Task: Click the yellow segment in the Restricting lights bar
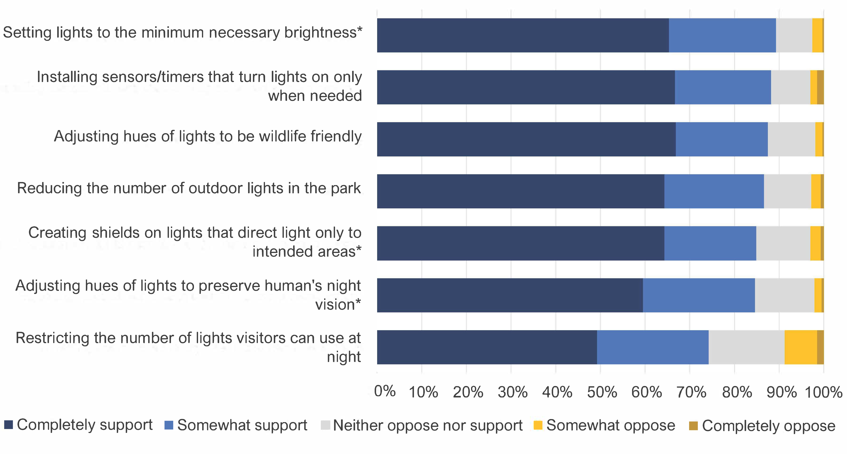pos(801,347)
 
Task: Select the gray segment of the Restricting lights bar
pos(746,347)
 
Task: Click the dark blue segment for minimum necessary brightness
pos(523,35)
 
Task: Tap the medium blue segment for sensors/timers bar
pos(723,87)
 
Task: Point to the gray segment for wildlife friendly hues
pos(791,139)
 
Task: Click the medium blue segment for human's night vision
pos(699,295)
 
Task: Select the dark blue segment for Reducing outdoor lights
pos(520,191)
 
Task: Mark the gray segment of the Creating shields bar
pos(783,243)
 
